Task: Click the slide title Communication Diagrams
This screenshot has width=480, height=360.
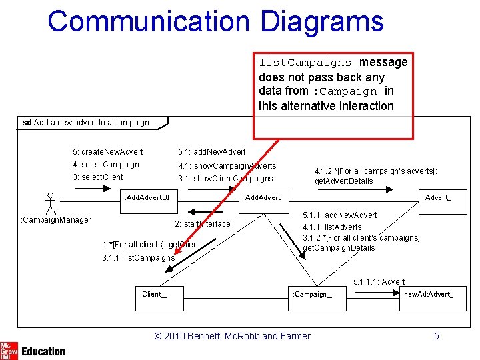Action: coord(215,21)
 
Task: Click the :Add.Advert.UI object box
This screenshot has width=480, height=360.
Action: coord(147,197)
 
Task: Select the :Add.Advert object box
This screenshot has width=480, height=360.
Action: coord(263,197)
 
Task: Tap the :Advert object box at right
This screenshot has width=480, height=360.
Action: coord(437,197)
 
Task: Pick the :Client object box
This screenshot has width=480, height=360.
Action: coord(152,294)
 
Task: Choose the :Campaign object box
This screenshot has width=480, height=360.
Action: coord(311,294)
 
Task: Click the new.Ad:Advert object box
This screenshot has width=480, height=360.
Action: coord(427,294)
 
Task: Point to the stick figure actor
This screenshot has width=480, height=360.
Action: coord(50,203)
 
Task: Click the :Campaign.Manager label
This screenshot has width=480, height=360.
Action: coord(56,220)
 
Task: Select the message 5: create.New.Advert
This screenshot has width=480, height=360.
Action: coord(108,152)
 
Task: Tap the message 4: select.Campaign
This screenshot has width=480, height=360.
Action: coord(106,165)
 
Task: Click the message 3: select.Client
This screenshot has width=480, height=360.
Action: coord(98,177)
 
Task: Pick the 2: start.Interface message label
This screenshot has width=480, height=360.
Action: coord(202,224)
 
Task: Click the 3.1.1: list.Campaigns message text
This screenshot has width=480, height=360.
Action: coord(139,258)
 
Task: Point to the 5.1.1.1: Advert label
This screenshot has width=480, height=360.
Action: coord(379,282)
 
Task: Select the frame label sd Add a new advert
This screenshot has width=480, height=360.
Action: coord(86,123)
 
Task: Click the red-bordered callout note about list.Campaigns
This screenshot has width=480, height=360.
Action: coord(333,84)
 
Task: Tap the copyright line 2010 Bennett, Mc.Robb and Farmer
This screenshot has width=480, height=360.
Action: coord(232,336)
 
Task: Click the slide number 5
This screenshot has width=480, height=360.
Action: coord(437,336)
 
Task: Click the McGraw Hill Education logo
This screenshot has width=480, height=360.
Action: coord(33,351)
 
